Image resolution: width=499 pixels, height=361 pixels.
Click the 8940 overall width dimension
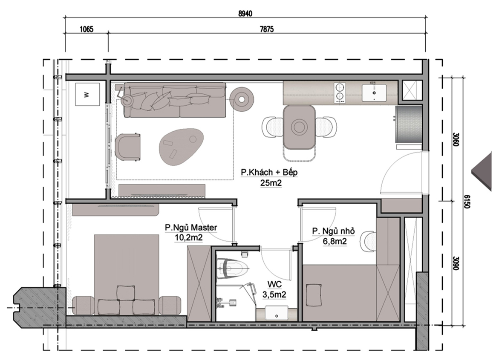coord(245,13)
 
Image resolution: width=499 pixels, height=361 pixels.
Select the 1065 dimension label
coord(86,29)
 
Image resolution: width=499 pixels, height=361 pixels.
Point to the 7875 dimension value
coord(267,29)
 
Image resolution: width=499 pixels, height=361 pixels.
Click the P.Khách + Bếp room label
coord(269,173)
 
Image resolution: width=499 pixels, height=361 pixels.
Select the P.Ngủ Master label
coord(191,228)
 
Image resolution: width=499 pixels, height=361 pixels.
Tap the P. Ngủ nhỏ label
coord(333,231)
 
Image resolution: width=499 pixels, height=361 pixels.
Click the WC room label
coord(274,284)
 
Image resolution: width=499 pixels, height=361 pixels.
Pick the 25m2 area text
coord(271,183)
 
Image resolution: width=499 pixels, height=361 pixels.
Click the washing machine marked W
coord(87,94)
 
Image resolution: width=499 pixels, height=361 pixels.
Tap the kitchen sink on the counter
coord(374,92)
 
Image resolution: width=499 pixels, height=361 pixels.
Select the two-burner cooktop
coord(340,92)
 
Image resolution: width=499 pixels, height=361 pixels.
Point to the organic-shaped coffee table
coord(182,146)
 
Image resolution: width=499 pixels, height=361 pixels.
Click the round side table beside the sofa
coord(242,99)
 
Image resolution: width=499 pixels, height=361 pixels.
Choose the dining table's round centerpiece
coord(299,127)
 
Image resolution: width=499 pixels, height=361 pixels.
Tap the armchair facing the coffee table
coord(127,147)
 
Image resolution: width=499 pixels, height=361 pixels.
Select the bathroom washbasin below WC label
coord(277,313)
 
